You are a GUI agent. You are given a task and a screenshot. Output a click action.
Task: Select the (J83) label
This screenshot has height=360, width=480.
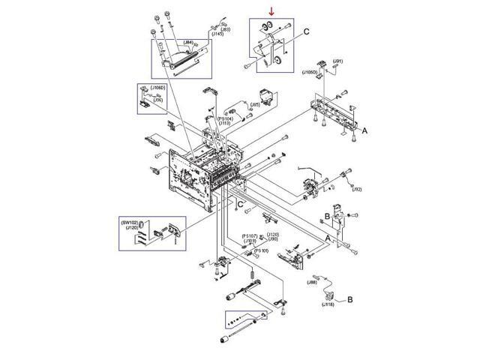click(x=224, y=29)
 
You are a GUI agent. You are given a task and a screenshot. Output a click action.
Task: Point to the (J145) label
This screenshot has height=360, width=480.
click(x=217, y=34)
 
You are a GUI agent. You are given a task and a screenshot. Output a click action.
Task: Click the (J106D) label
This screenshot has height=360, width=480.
click(x=157, y=88)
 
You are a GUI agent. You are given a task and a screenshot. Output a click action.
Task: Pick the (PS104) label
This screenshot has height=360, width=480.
click(x=225, y=118)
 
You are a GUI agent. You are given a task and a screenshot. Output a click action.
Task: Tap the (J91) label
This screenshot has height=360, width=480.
click(x=338, y=61)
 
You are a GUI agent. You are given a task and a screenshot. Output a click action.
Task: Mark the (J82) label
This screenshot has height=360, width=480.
click(x=357, y=189)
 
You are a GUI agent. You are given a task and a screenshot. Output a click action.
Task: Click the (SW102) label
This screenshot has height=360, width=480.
click(x=130, y=222)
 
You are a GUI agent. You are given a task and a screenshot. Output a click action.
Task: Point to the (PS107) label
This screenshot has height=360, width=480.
click(x=250, y=236)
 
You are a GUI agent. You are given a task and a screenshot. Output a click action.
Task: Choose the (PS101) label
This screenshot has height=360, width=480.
click(x=262, y=250)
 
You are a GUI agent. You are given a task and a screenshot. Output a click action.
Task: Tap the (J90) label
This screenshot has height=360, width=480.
click(x=273, y=239)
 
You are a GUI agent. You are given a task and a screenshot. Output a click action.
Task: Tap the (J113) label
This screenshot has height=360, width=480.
click(x=224, y=124)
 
